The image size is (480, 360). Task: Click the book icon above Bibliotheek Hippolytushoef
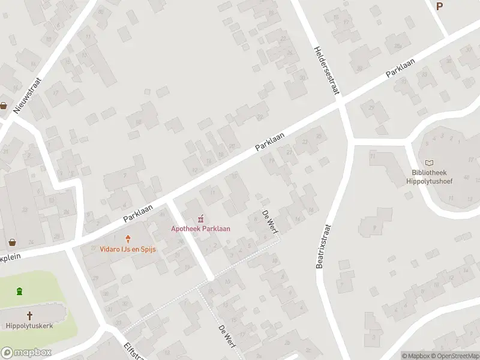coord(429,163)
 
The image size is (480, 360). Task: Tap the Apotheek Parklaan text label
coord(200,228)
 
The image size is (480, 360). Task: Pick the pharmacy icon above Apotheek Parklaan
coord(201,218)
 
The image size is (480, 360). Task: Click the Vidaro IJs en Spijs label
coord(127,248)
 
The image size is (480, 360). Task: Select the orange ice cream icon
coord(127,238)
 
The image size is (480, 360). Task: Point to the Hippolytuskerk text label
coord(29,326)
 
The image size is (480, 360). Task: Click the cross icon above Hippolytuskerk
coord(29,315)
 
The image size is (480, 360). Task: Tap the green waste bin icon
coord(19,292)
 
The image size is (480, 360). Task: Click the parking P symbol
coord(440,6)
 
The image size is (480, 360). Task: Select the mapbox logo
coord(26,353)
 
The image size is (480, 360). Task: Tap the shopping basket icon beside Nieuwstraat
coord(4,106)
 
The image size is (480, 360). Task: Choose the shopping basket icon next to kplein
coord(11,244)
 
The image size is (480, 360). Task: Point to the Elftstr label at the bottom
coord(131,350)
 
